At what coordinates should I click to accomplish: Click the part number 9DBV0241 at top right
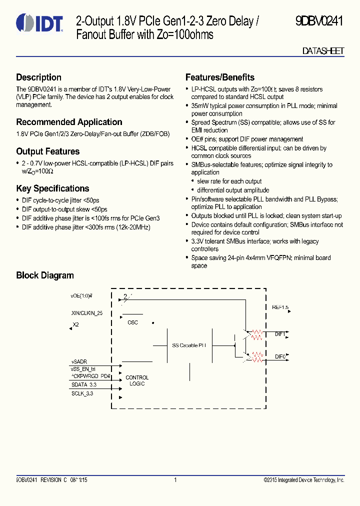tap(318, 21)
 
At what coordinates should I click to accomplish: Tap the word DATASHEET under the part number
tap(323, 51)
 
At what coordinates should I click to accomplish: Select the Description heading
tap(38, 77)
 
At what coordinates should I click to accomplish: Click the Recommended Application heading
tap(69, 122)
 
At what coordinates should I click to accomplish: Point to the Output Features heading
tap(47, 151)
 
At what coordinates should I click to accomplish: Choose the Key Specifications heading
tap(52, 188)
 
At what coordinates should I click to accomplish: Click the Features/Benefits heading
tap(219, 77)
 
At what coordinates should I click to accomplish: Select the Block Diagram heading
tap(44, 275)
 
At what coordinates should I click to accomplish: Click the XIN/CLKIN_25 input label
tap(87, 313)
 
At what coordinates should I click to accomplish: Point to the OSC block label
tap(132, 322)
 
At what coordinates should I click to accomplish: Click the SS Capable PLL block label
tap(189, 345)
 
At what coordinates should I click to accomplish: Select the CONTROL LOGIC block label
tap(136, 380)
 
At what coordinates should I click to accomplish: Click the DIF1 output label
tap(280, 333)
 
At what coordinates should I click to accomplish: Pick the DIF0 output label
tap(280, 356)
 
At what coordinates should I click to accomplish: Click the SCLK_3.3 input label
tap(82, 393)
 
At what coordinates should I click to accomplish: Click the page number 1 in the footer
tap(175, 480)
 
